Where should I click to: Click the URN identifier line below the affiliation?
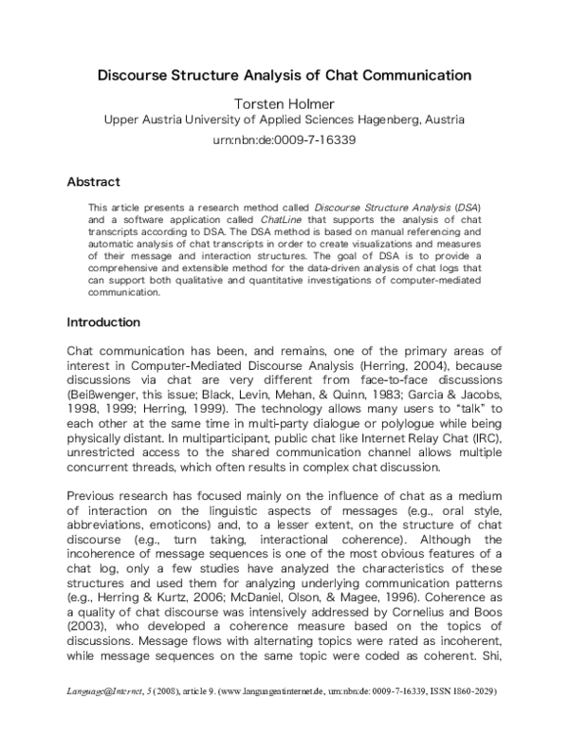click(x=284, y=139)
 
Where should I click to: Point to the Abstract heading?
click(x=93, y=181)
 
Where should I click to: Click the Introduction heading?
click(x=103, y=322)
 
